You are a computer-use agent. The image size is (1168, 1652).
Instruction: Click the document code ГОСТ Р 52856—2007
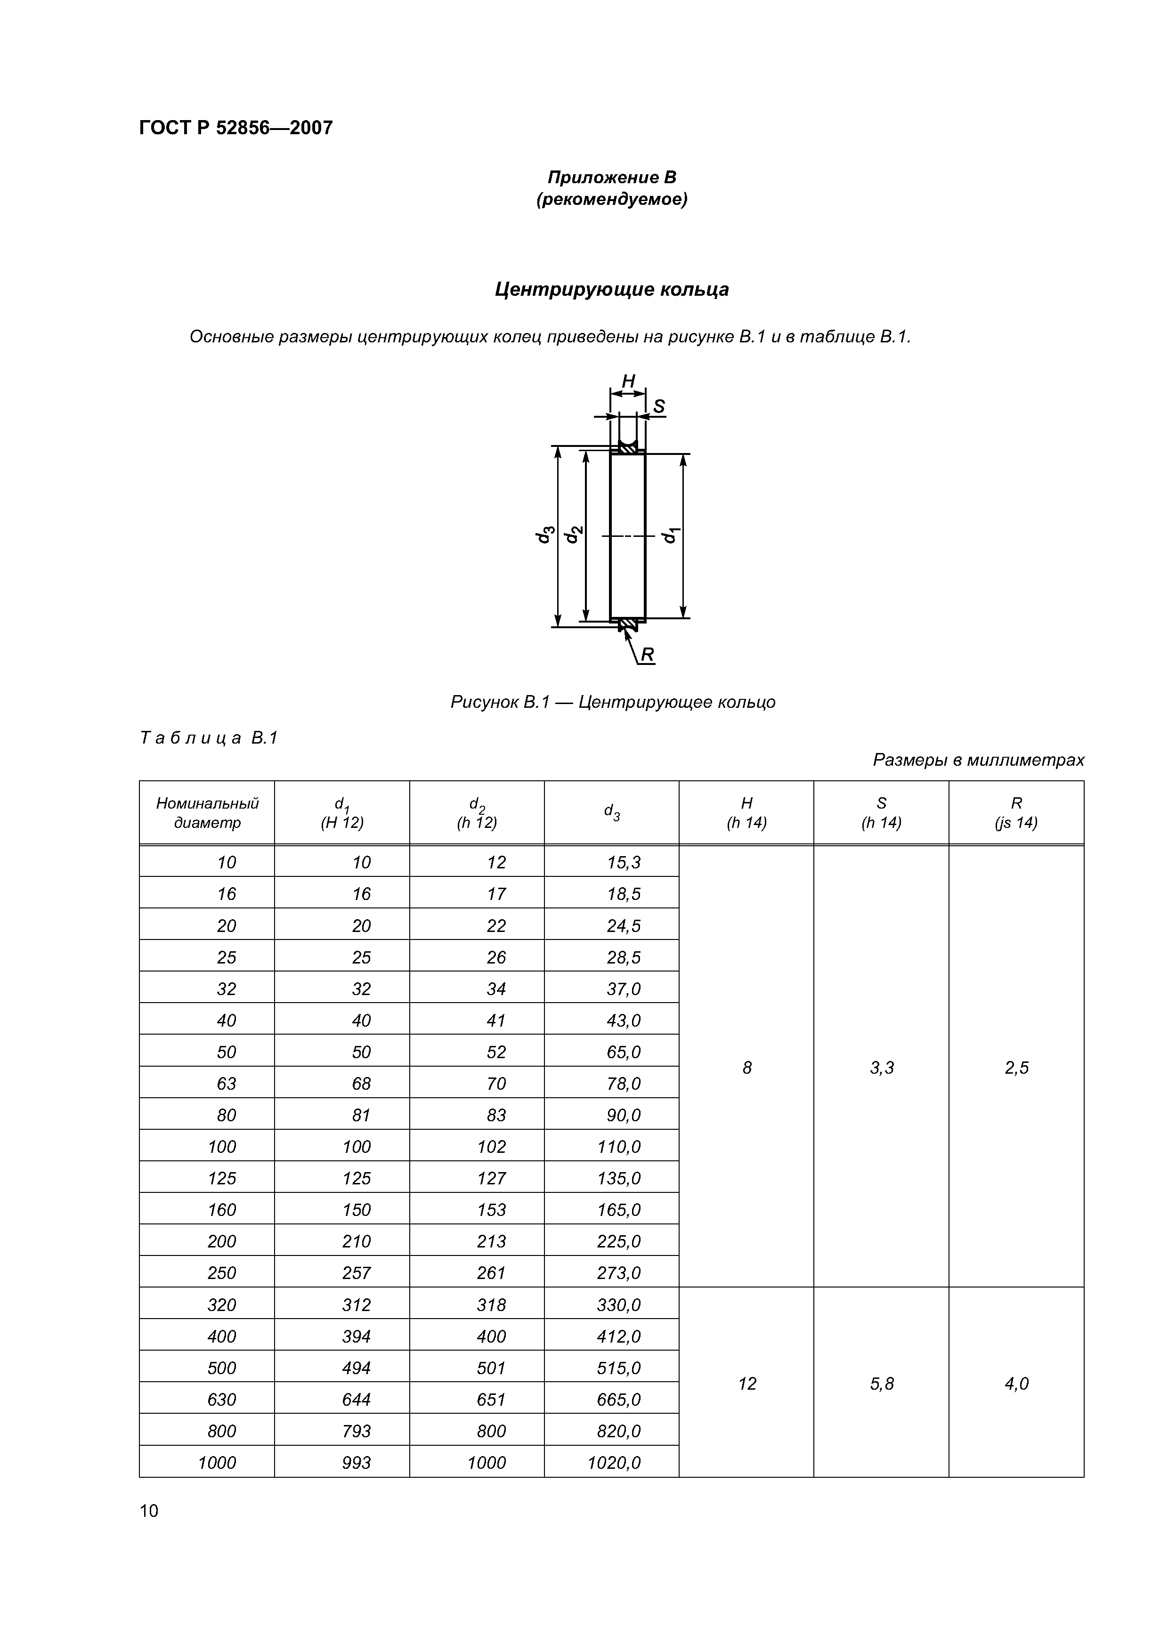[x=235, y=128]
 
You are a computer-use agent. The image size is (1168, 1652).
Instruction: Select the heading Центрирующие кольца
[x=612, y=289]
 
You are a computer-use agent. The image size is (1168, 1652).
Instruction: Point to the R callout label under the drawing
[x=647, y=654]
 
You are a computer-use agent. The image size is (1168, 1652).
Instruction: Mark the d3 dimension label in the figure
[x=545, y=534]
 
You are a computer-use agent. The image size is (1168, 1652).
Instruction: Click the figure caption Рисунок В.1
[x=612, y=702]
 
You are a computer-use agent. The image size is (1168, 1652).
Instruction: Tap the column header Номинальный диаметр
[x=207, y=812]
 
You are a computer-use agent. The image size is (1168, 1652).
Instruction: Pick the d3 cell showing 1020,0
[x=613, y=1462]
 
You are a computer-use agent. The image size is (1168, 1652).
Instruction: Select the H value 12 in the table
[x=746, y=1383]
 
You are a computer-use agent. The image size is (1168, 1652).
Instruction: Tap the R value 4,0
[x=1016, y=1383]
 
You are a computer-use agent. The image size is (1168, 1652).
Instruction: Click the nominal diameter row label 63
[x=226, y=1084]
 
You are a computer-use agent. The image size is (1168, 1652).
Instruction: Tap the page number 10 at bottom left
[x=149, y=1510]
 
